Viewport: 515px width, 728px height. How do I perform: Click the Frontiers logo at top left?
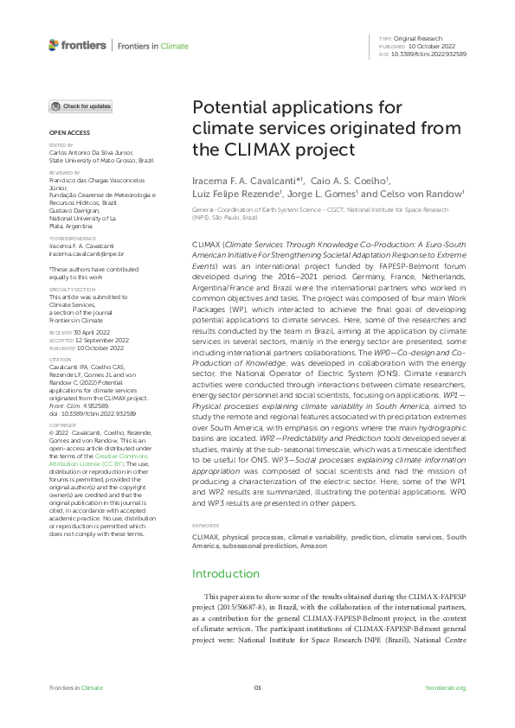pos(78,45)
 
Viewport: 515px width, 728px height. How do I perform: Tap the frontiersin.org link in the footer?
pos(447,687)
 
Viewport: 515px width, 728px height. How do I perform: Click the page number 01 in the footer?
pos(257,687)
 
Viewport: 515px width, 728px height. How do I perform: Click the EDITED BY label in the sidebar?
pos(61,146)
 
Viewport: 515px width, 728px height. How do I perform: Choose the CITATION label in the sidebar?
pos(61,359)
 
